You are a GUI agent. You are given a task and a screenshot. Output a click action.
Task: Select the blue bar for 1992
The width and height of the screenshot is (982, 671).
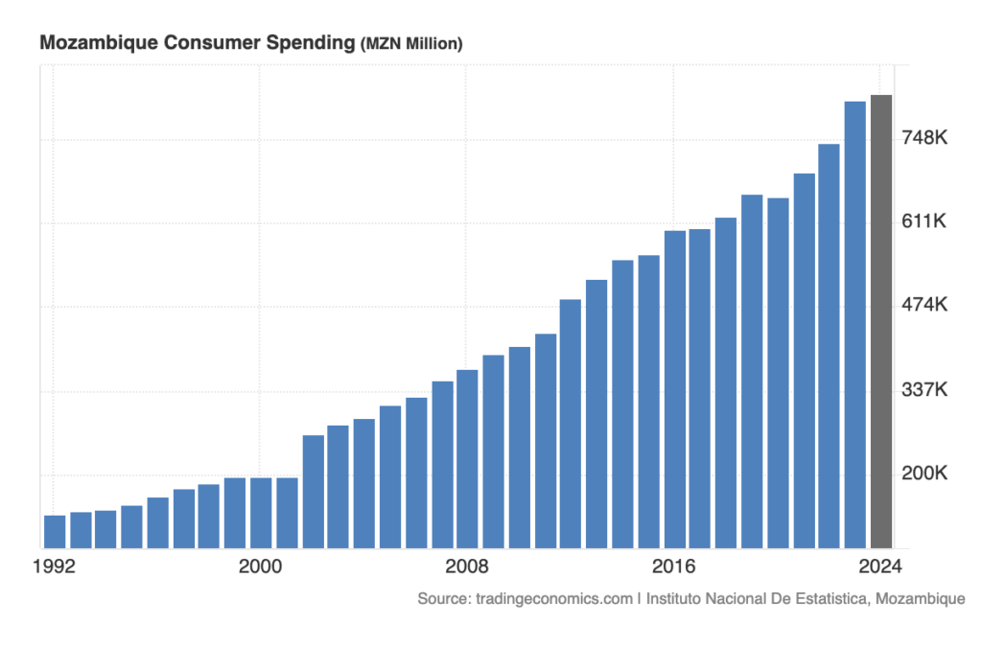[x=55, y=531]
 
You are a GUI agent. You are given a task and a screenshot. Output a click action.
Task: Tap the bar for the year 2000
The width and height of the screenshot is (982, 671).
[x=261, y=512]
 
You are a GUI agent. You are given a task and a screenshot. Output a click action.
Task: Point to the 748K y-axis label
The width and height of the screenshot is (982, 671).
[x=925, y=139]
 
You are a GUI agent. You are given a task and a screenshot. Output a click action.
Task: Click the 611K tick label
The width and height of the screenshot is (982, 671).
[x=925, y=222]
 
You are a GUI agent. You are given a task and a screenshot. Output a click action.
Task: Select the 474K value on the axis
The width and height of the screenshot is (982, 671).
[x=925, y=306]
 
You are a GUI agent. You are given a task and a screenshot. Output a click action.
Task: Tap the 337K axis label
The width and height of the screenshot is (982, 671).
[x=925, y=390]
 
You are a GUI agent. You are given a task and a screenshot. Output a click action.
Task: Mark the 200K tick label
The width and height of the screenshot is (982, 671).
[x=925, y=474]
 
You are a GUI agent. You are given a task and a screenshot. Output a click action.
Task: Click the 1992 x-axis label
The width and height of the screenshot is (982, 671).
[x=54, y=566]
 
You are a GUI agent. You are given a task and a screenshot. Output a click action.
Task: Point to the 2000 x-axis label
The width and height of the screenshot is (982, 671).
[x=260, y=566]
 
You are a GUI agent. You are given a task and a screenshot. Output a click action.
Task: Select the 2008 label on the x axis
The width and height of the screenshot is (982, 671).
[x=467, y=566]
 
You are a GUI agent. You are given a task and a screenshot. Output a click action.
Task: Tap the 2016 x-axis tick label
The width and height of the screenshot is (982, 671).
[x=674, y=566]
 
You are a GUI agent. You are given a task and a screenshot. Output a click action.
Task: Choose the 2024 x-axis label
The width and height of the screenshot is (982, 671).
[x=880, y=566]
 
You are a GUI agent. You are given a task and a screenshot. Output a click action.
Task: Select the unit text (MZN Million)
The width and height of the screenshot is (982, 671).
[x=411, y=44]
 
